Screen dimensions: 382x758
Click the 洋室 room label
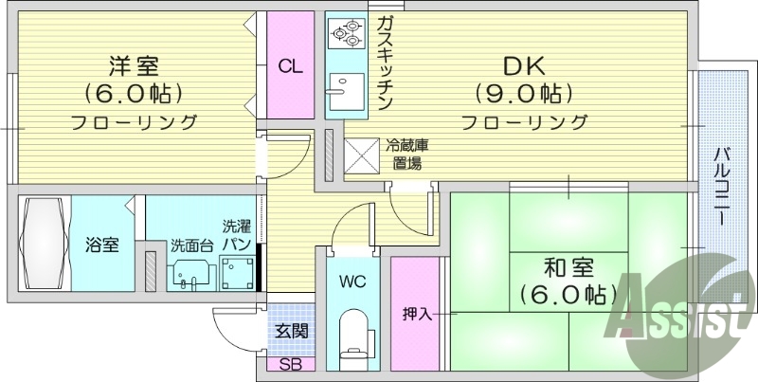134,66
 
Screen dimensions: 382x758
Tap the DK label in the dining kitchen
524,66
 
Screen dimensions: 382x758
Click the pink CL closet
291,66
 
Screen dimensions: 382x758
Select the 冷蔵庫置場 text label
406,155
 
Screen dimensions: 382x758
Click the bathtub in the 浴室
42,244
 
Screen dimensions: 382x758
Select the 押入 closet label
417,315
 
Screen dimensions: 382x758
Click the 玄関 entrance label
291,331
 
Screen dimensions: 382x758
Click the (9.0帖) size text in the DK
524,94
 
